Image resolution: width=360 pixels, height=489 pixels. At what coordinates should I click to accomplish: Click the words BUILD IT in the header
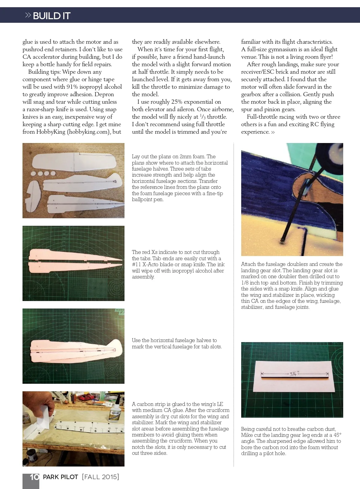pyautogui.click(x=52, y=16)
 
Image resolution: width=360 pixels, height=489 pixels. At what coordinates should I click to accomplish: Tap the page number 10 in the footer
pyautogui.click(x=34, y=477)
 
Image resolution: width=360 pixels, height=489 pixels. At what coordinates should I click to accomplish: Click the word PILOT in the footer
pyautogui.click(x=70, y=477)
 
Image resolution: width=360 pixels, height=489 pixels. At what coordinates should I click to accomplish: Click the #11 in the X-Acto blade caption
pyautogui.click(x=136, y=265)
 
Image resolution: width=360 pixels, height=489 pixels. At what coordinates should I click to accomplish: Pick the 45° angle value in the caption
pyautogui.click(x=336, y=435)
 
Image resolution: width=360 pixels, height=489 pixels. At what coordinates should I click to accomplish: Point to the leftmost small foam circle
pyautogui.click(x=33, y=174)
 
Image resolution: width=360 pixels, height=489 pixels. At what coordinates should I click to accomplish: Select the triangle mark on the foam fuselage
pyautogui.click(x=115, y=181)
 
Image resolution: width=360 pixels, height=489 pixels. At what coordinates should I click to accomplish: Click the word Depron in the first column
pyautogui.click(x=104, y=94)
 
